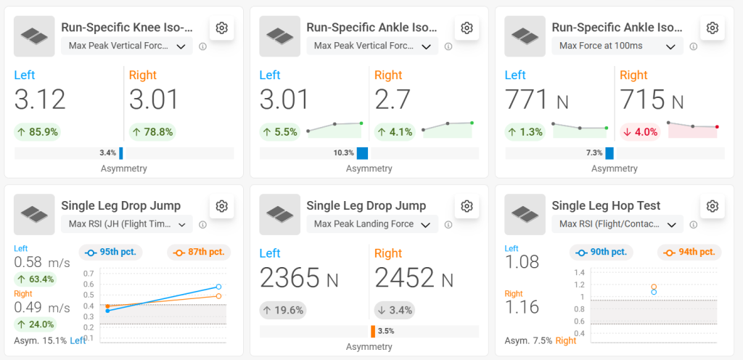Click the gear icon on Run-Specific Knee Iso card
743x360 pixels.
(222, 28)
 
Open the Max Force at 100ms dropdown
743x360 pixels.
(620, 46)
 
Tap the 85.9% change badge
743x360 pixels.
(37, 132)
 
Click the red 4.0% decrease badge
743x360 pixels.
(639, 132)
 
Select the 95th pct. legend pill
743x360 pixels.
(111, 253)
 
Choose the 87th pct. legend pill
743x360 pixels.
(198, 253)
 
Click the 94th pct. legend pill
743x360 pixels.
(689, 253)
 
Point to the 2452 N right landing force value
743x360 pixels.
(414, 277)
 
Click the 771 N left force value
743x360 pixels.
(537, 99)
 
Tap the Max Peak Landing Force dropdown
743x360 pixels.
(372, 224)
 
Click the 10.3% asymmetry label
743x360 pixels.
(343, 153)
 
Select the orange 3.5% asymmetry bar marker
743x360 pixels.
(373, 331)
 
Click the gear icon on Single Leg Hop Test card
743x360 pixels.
(713, 206)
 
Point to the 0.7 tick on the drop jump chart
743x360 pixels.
(89, 273)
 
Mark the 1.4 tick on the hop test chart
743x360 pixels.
(579, 272)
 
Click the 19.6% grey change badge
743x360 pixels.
(282, 311)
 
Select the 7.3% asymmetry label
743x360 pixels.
(594, 153)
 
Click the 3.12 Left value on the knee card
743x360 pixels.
(40, 99)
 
